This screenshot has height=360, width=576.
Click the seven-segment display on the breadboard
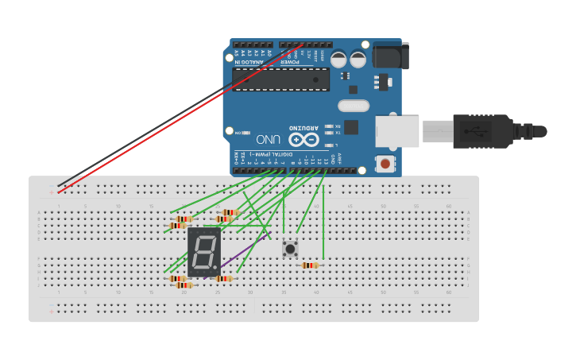[203, 252]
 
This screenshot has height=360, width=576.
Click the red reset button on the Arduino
[385, 165]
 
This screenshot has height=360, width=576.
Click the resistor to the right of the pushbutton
[310, 265]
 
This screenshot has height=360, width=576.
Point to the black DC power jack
[391, 56]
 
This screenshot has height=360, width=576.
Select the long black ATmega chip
[280, 79]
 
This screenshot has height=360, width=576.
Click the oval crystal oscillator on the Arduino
[354, 106]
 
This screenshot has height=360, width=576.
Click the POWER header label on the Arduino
[292, 58]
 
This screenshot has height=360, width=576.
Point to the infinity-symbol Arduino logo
[311, 139]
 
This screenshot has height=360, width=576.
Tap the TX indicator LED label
[337, 133]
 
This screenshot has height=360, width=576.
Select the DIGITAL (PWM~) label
[270, 153]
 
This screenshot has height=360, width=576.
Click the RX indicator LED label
[337, 126]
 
